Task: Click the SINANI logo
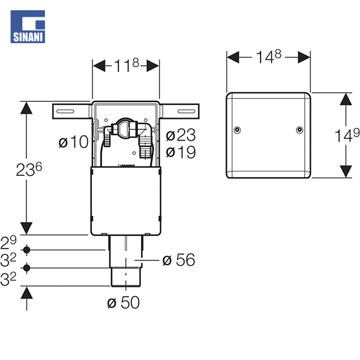[x=28, y=26]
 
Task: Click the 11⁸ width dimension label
[x=127, y=65]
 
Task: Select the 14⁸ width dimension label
[x=268, y=56]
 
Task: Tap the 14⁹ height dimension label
[x=347, y=136]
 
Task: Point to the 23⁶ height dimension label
[x=29, y=169]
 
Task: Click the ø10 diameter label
[x=73, y=142]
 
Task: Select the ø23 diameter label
[x=181, y=135]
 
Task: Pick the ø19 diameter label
[x=181, y=152]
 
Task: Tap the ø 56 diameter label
[x=179, y=260]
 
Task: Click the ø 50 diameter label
[x=123, y=302]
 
